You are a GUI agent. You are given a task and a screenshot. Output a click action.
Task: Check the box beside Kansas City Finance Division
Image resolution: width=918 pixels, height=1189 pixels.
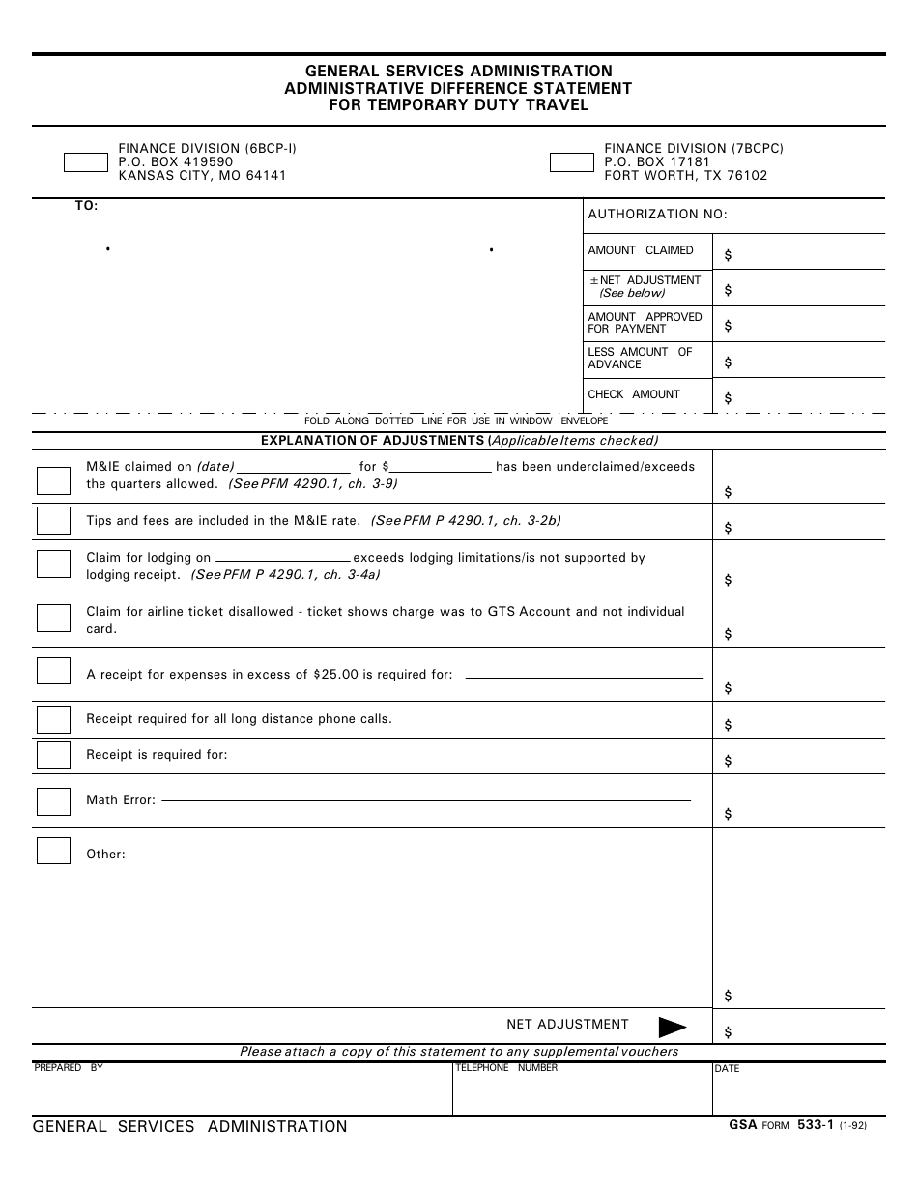pyautogui.click(x=86, y=162)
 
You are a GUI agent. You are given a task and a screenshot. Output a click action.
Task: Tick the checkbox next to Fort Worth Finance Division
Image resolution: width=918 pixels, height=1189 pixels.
pyautogui.click(x=571, y=162)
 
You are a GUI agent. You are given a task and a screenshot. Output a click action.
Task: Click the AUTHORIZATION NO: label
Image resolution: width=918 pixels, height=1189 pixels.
pyautogui.click(x=657, y=215)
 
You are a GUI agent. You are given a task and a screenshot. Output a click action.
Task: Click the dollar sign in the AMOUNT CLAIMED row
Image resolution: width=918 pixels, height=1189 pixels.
pyautogui.click(x=728, y=256)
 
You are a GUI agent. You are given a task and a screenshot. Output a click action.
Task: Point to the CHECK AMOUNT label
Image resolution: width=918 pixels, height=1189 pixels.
pyautogui.click(x=633, y=394)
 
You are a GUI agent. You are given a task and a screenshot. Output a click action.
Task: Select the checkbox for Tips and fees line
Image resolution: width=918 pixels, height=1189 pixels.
pyautogui.click(x=53, y=520)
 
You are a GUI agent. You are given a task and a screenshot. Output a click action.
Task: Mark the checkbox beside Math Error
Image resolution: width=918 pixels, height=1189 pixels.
pyautogui.click(x=53, y=801)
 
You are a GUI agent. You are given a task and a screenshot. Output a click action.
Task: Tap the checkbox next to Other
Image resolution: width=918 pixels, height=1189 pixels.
pyautogui.click(x=53, y=851)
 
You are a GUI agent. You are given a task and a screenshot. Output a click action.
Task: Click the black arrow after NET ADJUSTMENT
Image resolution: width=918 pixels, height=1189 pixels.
pyautogui.click(x=672, y=1027)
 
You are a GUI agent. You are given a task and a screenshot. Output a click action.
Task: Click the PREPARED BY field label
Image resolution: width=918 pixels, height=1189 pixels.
pyautogui.click(x=69, y=1068)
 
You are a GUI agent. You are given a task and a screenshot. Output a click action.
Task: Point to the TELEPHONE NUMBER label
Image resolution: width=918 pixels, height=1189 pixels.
pyautogui.click(x=505, y=1068)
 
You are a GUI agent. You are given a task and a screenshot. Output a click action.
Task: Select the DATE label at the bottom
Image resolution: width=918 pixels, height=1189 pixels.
pyautogui.click(x=727, y=1069)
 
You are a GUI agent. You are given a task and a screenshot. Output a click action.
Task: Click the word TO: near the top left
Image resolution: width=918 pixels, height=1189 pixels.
pyautogui.click(x=87, y=206)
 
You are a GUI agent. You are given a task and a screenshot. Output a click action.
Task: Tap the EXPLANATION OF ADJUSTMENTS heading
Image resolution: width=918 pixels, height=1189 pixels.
pyautogui.click(x=373, y=441)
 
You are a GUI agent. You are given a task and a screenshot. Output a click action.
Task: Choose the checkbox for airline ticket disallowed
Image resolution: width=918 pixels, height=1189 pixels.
pyautogui.click(x=53, y=619)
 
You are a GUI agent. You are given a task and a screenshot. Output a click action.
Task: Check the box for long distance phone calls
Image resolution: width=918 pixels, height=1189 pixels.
pyautogui.click(x=53, y=720)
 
